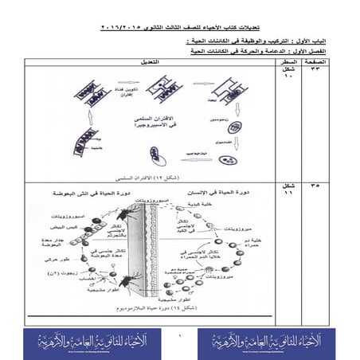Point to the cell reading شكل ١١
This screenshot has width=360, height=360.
289,190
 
